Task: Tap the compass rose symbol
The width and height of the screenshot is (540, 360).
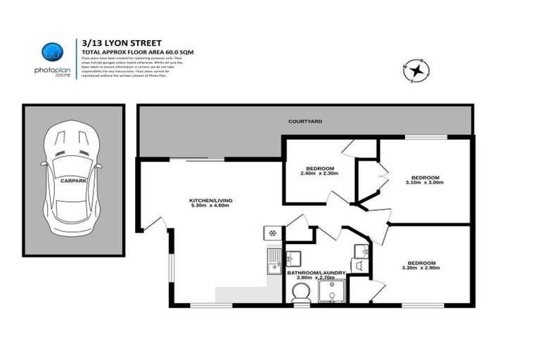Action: (416, 70)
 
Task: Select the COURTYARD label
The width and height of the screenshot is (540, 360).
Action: (305, 122)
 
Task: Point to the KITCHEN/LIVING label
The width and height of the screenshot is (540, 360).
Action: (210, 200)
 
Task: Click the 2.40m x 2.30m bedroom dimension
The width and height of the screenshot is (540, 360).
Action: (320, 174)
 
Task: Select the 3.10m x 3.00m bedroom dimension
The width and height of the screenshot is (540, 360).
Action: (425, 182)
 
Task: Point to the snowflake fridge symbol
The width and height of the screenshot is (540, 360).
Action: (273, 233)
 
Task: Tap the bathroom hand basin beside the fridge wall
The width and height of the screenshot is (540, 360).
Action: (293, 257)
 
